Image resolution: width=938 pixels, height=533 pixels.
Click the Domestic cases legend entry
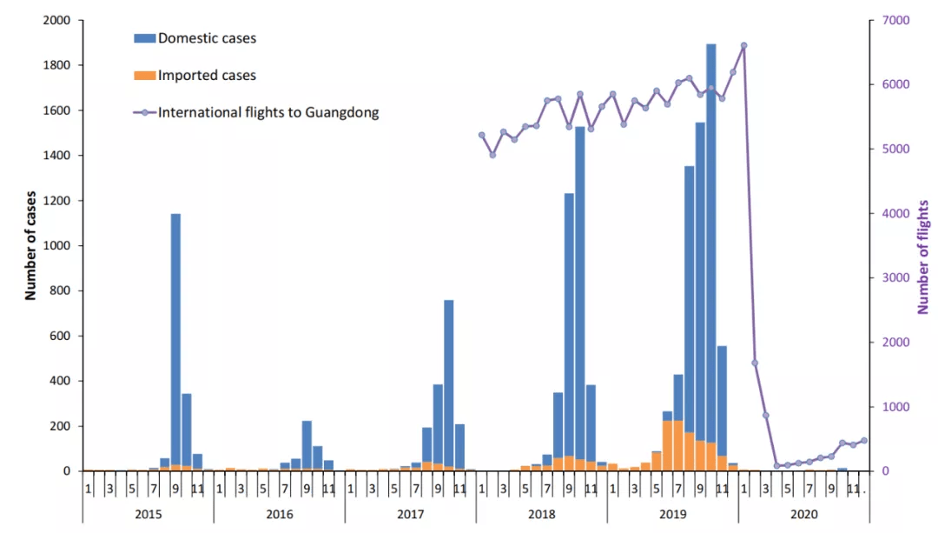[207, 38]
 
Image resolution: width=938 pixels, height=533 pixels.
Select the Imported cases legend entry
[207, 76]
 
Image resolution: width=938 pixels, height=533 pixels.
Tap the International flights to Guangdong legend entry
[268, 112]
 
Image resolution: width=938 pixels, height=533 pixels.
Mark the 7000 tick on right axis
[894, 20]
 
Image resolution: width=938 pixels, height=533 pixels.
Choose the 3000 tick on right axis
[894, 278]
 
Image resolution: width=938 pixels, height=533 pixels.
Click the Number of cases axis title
[30, 245]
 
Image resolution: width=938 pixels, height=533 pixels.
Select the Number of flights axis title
[923, 257]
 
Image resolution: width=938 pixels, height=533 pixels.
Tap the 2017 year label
[410, 515]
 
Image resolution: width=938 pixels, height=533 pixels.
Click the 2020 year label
[803, 515]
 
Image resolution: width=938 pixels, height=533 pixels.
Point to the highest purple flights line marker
[743, 45]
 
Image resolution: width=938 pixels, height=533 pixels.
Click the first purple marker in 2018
[482, 135]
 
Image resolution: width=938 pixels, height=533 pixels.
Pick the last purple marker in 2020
[863, 441]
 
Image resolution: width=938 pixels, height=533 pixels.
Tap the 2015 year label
[148, 515]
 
